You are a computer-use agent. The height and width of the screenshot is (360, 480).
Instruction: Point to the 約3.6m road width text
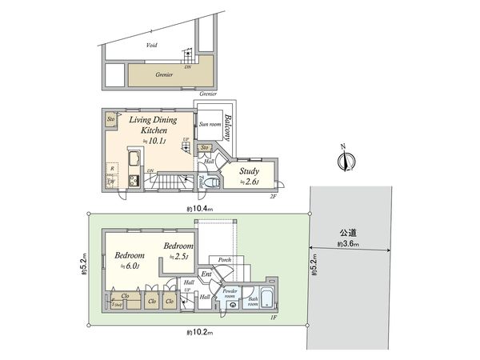coord(348,244)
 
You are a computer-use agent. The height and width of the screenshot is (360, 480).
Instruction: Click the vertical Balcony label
coord(228,128)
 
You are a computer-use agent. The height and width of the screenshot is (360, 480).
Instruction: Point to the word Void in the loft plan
coord(151,46)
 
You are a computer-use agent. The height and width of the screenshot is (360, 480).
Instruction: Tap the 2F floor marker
coord(273,196)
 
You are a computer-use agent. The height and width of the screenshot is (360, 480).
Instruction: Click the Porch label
coord(225,259)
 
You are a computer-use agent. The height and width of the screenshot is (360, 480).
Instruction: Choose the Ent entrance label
coord(206,274)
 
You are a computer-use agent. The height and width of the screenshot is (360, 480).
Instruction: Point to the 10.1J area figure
coord(154,142)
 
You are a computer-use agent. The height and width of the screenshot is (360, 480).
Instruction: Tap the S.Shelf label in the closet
coord(117,304)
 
